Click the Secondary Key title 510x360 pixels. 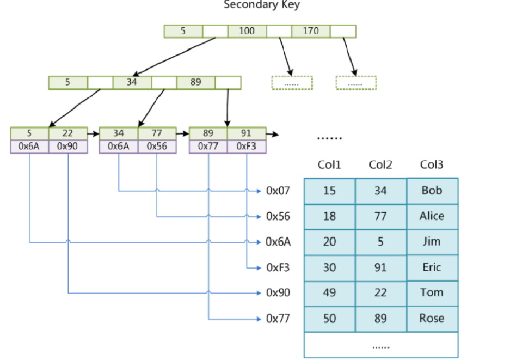(x=262, y=4)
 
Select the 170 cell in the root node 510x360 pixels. (x=311, y=31)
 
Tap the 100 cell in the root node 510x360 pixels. (x=247, y=31)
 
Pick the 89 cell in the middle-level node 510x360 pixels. (x=196, y=82)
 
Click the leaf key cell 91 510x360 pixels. (x=247, y=133)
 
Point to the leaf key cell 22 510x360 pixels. (x=68, y=133)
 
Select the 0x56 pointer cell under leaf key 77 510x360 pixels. (x=157, y=147)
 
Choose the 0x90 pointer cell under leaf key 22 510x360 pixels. (x=68, y=147)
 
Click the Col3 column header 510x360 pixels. (x=432, y=164)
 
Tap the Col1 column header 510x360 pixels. (x=329, y=164)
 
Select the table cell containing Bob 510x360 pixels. (x=432, y=191)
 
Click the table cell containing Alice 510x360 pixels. (x=432, y=216)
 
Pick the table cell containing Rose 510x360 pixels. (x=432, y=319)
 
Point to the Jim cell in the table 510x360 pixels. (x=432, y=242)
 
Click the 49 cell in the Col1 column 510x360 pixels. (x=330, y=293)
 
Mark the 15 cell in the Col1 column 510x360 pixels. (x=330, y=191)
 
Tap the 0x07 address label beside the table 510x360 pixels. (x=278, y=191)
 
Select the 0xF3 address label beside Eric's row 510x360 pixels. (x=278, y=267)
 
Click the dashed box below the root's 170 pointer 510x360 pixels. (x=356, y=83)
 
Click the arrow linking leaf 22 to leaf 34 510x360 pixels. (x=94, y=134)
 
